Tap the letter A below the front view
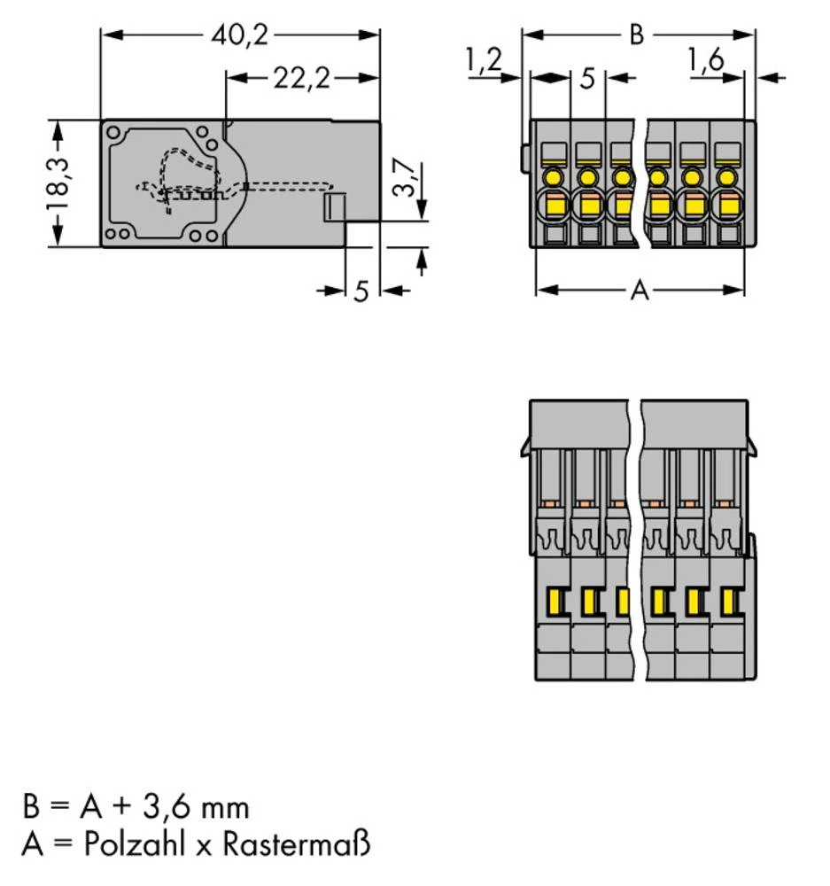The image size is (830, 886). (639, 291)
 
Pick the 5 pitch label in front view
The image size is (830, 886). (586, 79)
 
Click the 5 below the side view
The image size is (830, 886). (361, 291)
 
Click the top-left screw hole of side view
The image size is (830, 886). (113, 134)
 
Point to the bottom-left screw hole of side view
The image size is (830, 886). (122, 234)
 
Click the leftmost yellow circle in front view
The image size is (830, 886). (553, 177)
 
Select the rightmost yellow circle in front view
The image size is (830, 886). (726, 177)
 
